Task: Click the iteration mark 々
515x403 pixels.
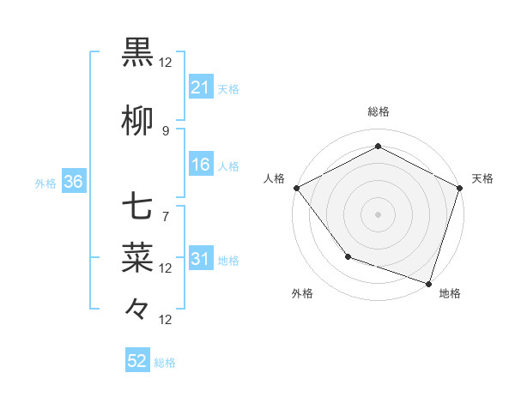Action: [138, 306]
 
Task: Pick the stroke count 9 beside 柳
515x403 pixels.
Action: [166, 130]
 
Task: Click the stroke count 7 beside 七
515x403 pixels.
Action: [166, 216]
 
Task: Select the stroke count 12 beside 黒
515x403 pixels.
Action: [166, 62]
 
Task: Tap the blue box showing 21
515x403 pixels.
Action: [200, 87]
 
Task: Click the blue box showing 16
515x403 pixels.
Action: [200, 165]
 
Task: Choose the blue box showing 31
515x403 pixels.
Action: [200, 259]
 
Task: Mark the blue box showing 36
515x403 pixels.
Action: [73, 182]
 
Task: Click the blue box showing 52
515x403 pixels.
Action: [137, 361]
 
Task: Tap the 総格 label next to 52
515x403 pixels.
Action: [165, 363]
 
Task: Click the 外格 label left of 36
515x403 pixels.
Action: [45, 183]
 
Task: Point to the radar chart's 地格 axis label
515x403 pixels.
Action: [450, 293]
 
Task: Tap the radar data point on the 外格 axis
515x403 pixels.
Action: [348, 256]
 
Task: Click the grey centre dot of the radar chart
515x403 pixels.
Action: [378, 214]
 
